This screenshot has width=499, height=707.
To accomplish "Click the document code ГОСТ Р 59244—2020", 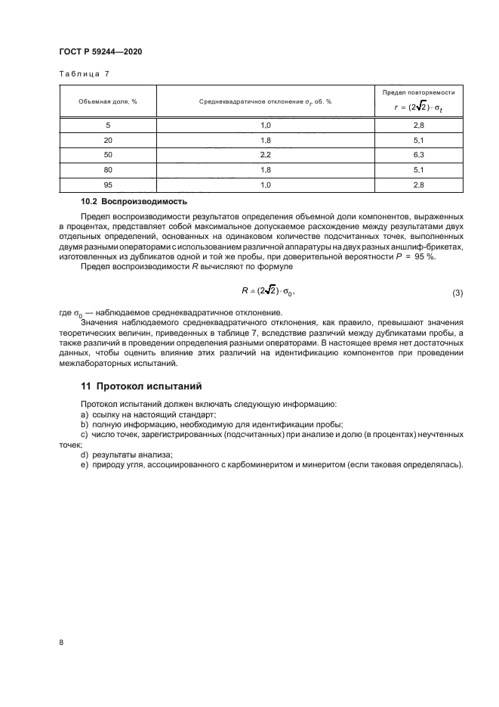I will point(100,51).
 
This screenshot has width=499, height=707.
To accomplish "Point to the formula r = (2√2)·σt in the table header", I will point(418,107).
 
